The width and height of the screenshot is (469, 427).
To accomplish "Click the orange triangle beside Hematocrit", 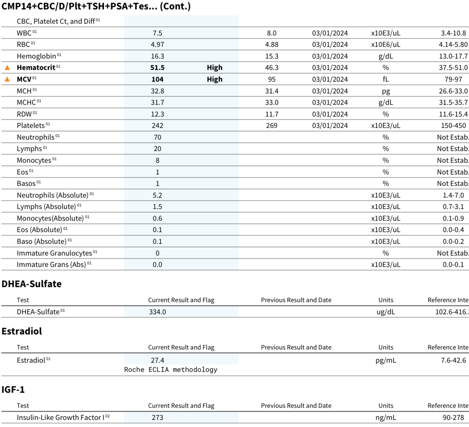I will (x=7, y=68).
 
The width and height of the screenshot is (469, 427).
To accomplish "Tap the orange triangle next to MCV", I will (x=7, y=79).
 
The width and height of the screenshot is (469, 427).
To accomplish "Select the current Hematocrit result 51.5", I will (x=157, y=68).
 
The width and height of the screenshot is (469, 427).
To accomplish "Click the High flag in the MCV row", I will (x=215, y=79).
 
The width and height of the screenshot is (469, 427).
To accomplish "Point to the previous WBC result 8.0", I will (x=272, y=33).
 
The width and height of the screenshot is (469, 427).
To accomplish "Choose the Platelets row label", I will (x=31, y=125).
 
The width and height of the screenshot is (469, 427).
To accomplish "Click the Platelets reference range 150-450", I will (x=453, y=125).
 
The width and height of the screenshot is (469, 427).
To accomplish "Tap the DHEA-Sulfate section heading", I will (x=32, y=284).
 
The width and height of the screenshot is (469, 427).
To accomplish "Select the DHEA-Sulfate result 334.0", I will (x=157, y=312).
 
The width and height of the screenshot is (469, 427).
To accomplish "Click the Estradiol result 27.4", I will (x=157, y=360).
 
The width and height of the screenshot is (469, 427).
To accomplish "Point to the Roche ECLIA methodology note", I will (x=171, y=369).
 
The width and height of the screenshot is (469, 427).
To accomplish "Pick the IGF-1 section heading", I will (x=13, y=390).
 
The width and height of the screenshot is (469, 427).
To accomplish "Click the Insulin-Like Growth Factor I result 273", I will (x=157, y=417).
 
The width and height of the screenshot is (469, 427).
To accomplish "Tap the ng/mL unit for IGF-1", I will (x=386, y=417).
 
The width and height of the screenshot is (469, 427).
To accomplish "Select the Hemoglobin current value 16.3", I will (x=157, y=56).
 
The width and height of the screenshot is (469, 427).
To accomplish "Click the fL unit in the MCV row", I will (x=386, y=79).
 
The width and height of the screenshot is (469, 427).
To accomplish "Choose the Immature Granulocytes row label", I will (x=54, y=253).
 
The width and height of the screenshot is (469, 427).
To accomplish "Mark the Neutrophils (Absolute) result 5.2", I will (x=157, y=195).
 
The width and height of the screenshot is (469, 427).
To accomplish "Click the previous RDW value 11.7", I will (x=272, y=114).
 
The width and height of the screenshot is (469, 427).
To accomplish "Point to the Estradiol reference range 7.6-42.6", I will (x=453, y=360).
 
